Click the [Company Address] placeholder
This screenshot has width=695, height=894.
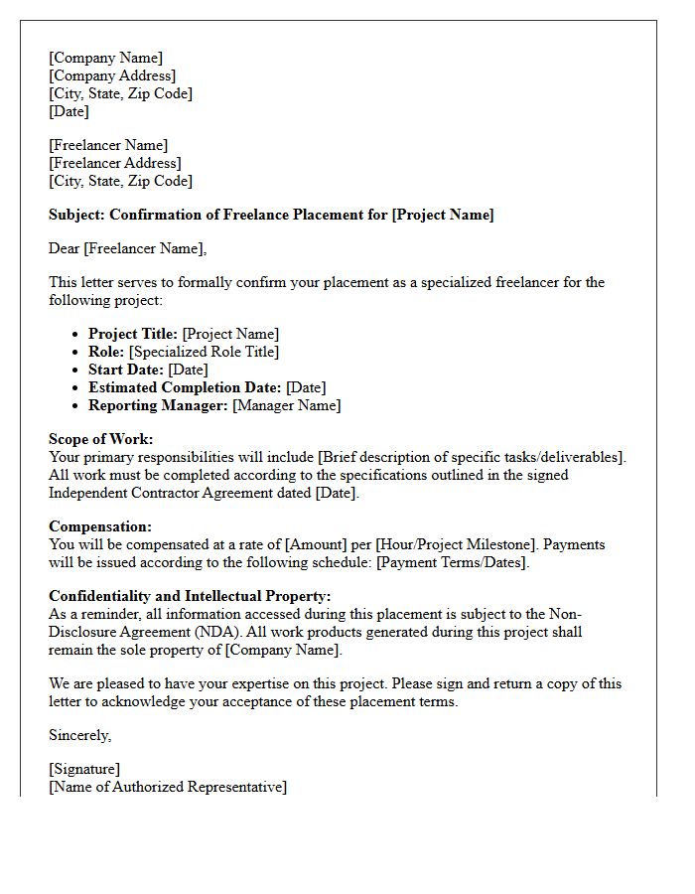[112, 75]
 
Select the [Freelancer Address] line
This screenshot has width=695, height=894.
[115, 163]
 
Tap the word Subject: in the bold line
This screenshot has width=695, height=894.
[77, 215]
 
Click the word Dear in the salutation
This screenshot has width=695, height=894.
[65, 248]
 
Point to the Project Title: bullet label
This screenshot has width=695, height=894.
[133, 334]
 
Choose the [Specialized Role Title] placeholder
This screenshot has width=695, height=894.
[204, 352]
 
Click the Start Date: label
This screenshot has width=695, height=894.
[126, 370]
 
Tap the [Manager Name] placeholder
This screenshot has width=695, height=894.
[286, 405]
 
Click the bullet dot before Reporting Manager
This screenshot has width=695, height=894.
[76, 405]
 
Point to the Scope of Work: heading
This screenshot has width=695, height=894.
[101, 439]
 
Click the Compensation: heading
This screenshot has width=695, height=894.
[100, 526]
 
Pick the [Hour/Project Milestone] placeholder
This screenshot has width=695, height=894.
[442, 544]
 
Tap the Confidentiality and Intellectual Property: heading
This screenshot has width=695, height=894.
[190, 596]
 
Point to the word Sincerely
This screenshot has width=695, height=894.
[80, 735]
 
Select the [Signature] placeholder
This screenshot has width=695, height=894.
[84, 769]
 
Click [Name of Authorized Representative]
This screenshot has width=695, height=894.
[168, 787]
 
